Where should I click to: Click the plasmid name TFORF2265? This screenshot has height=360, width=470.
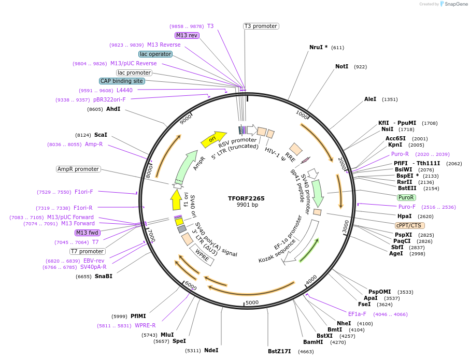[246, 198]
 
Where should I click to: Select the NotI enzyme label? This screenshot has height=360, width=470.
[341, 67]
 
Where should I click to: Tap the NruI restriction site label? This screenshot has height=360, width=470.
[318, 47]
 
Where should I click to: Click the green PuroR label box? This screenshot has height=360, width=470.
[406, 197]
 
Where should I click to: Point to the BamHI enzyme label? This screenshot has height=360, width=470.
[313, 342]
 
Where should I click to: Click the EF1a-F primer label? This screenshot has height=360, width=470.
[357, 314]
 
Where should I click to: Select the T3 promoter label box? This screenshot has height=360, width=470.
[261, 26]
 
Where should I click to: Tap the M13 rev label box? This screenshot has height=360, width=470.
[187, 35]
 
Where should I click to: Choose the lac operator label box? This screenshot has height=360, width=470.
[155, 54]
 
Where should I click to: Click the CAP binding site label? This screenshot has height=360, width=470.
[122, 81]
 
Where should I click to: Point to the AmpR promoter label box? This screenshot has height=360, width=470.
[78, 169]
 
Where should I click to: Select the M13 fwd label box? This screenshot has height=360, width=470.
[87, 233]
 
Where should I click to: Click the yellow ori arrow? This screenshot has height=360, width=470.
[213, 138]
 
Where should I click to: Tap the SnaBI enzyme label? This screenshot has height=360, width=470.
[103, 276]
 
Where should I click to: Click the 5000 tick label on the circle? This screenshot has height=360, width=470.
[252, 303]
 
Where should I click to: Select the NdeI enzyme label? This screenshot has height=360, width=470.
[211, 350]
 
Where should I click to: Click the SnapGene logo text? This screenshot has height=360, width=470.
[454, 4]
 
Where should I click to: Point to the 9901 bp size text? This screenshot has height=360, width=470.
[247, 205]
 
